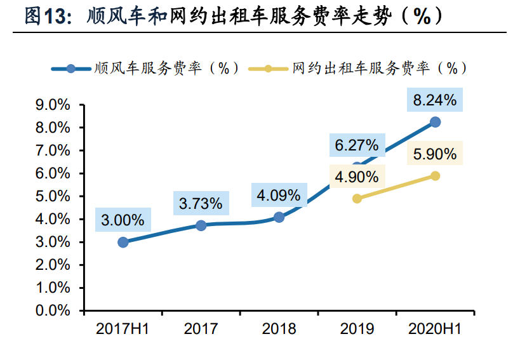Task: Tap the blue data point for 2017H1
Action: point(123,242)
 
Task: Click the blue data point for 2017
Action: point(201,225)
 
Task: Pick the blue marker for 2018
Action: point(279,217)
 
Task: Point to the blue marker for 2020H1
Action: point(435,122)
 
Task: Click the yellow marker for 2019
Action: point(357,199)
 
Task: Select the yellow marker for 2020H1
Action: point(435,176)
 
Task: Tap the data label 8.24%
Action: point(435,100)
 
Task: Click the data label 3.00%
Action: point(123,220)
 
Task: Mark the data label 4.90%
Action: point(357,177)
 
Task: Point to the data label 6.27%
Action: point(357,145)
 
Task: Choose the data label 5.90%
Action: point(435,154)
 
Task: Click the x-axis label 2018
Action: point(279,329)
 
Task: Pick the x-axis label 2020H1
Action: point(435,329)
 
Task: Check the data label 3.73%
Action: point(201,204)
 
